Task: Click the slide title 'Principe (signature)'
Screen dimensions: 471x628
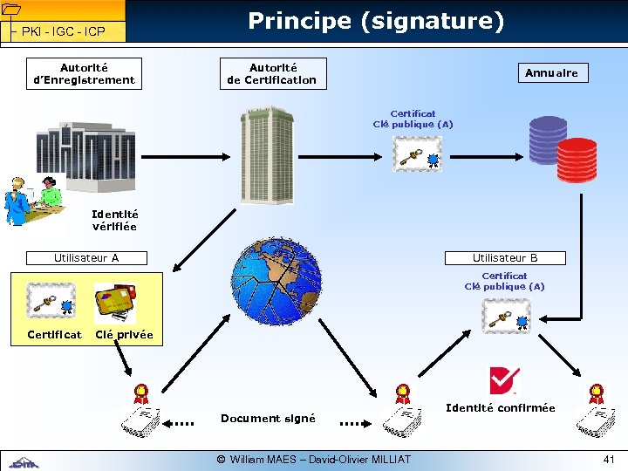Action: pyautogui.click(x=376, y=21)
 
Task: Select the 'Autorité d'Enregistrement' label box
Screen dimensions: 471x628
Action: pyautogui.click(x=85, y=73)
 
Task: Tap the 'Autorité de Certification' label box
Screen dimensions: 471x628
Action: pyautogui.click(x=273, y=73)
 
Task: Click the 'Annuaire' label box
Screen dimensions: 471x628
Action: pyautogui.click(x=551, y=73)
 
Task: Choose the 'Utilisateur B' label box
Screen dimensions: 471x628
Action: pyautogui.click(x=505, y=258)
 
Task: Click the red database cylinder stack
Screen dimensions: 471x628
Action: pyautogui.click(x=577, y=158)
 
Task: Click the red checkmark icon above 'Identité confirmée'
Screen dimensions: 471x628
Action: pyautogui.click(x=503, y=381)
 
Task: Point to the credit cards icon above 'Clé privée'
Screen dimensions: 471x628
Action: pyautogui.click(x=115, y=304)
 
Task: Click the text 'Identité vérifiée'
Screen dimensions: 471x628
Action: pyautogui.click(x=114, y=220)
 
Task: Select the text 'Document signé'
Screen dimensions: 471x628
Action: pyautogui.click(x=268, y=419)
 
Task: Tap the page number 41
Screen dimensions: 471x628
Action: pyautogui.click(x=608, y=459)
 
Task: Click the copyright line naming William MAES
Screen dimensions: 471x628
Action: pyautogui.click(x=314, y=459)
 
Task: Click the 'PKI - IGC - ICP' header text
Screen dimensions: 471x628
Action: pyautogui.click(x=64, y=31)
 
